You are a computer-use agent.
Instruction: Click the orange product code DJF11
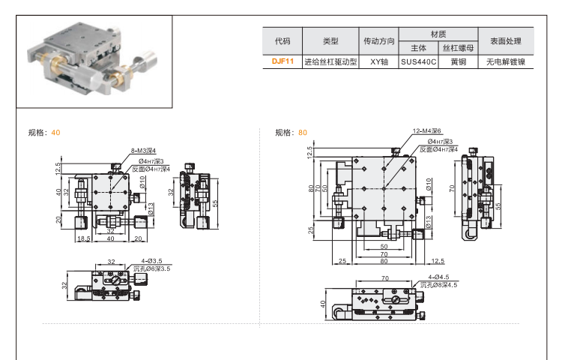pyautogui.click(x=282, y=62)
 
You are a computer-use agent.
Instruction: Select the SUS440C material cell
pyautogui.click(x=418, y=62)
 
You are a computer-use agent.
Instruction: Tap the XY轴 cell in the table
pyautogui.click(x=378, y=62)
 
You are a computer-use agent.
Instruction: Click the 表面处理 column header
pyautogui.click(x=507, y=40)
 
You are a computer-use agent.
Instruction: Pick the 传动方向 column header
pyautogui.click(x=378, y=40)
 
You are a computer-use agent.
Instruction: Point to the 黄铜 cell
pyautogui.click(x=458, y=62)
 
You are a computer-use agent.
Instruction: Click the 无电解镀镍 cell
pyautogui.click(x=507, y=62)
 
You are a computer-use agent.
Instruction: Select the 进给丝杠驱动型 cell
pyautogui.click(x=330, y=62)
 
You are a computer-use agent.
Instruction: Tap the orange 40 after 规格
pyautogui.click(x=56, y=133)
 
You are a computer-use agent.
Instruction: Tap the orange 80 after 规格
pyautogui.click(x=303, y=133)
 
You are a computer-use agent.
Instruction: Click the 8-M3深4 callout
pyautogui.click(x=143, y=151)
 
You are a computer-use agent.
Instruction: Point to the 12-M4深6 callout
pyautogui.click(x=427, y=130)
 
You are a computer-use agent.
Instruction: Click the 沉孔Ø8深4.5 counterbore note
pyautogui.click(x=438, y=285)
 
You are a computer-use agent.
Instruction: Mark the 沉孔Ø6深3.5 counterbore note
pyautogui.click(x=151, y=268)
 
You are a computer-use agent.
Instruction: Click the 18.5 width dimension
pyautogui.click(x=83, y=238)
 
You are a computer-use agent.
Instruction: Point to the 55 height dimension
pyautogui.click(x=214, y=203)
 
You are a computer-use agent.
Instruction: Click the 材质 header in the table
pyautogui.click(x=438, y=34)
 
